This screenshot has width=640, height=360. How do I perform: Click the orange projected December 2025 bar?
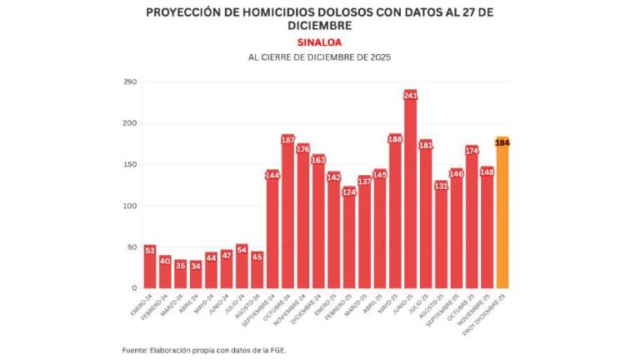502,217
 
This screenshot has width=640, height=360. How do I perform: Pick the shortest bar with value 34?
196,277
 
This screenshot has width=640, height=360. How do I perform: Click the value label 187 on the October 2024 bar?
288,140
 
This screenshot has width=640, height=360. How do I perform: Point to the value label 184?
502,142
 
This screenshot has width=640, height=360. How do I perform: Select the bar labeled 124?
349,242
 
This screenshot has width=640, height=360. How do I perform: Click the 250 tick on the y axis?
130,82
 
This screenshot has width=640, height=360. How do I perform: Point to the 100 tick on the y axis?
130,206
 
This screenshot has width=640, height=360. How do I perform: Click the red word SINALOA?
319,42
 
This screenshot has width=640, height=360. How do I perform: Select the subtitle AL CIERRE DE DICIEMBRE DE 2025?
319,57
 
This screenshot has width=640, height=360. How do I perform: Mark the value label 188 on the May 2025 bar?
395,139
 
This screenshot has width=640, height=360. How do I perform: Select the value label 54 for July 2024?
242,249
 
